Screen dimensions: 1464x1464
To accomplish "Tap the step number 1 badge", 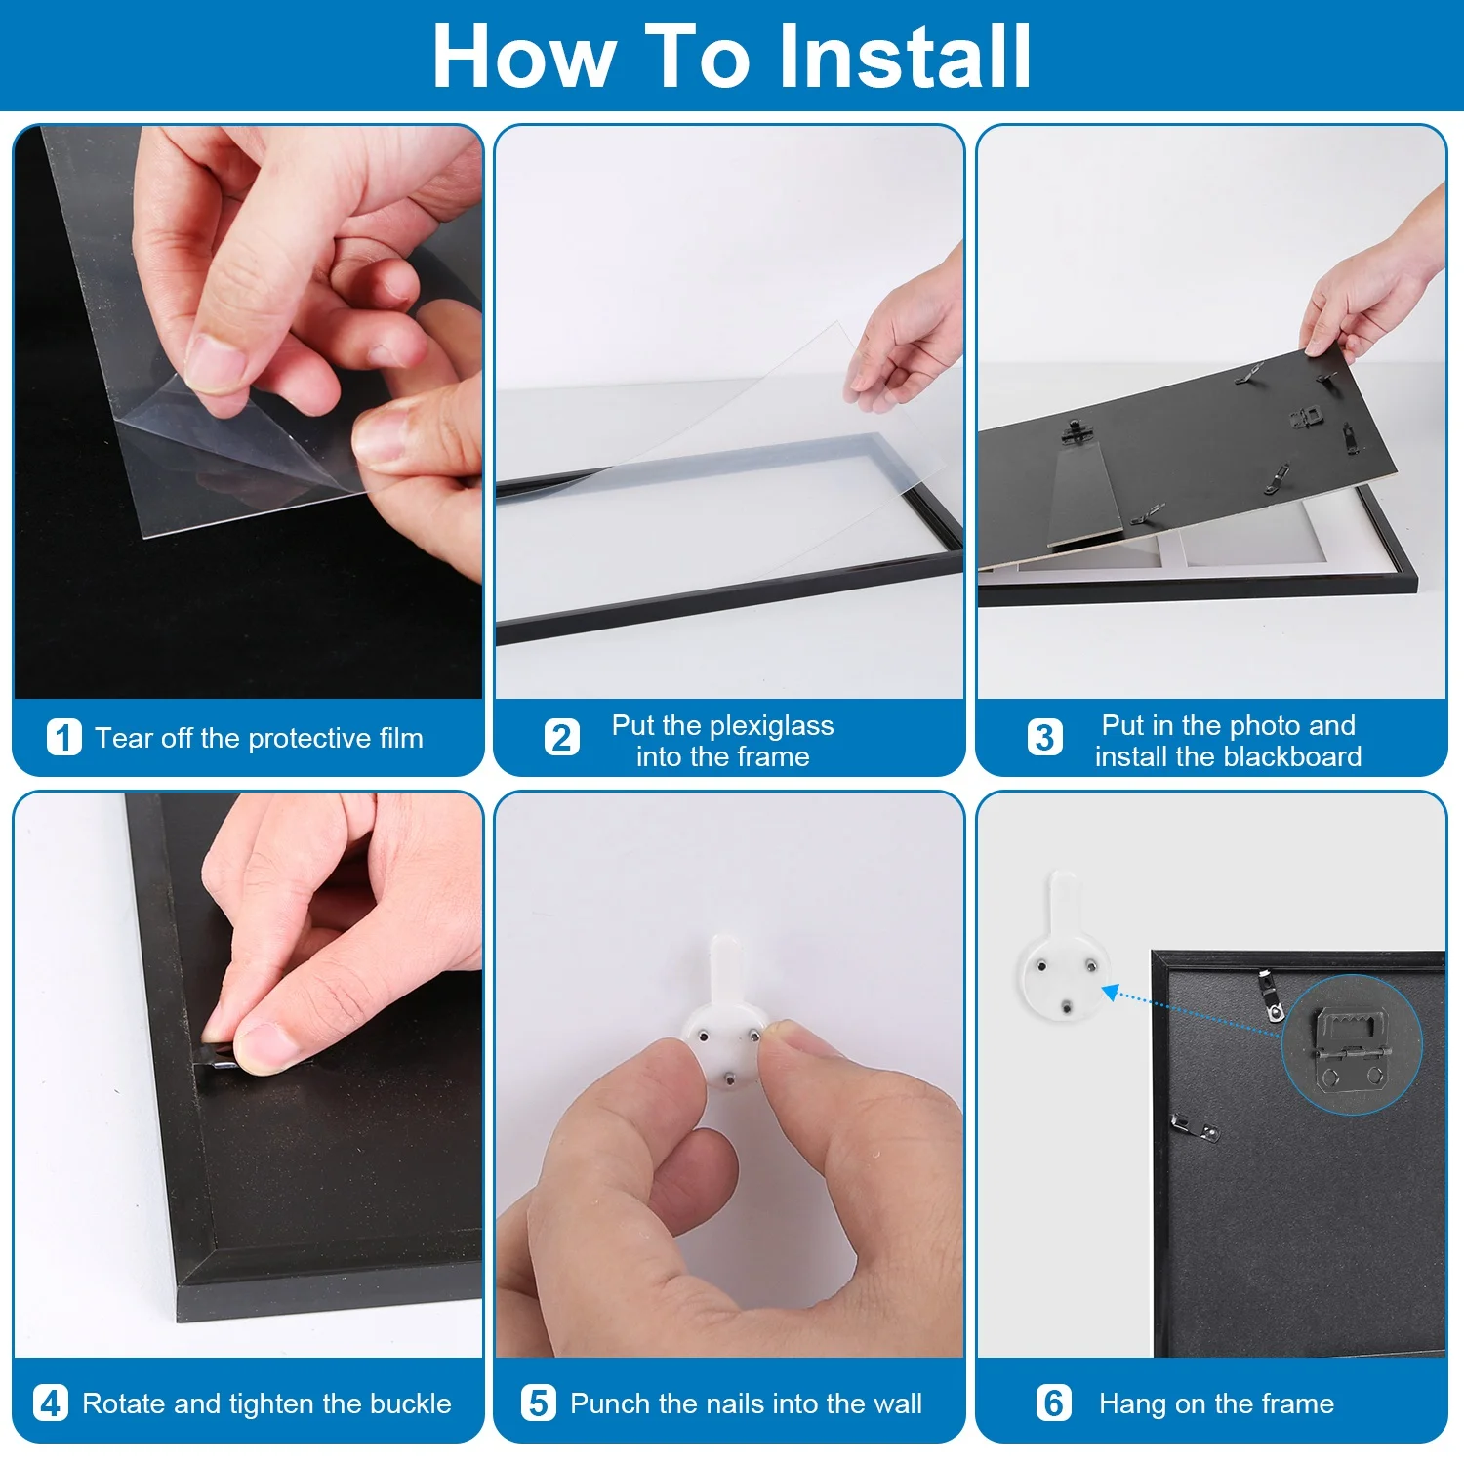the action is point(64,738).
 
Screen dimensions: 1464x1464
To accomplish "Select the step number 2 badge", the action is point(562,738).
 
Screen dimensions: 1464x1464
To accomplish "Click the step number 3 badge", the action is point(1044,738).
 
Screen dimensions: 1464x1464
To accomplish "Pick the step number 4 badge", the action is point(51,1403).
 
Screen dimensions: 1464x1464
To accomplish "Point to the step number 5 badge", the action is point(539,1403).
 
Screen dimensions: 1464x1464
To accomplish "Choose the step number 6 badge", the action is point(1054,1403).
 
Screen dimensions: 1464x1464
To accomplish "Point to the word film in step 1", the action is point(401,738).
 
